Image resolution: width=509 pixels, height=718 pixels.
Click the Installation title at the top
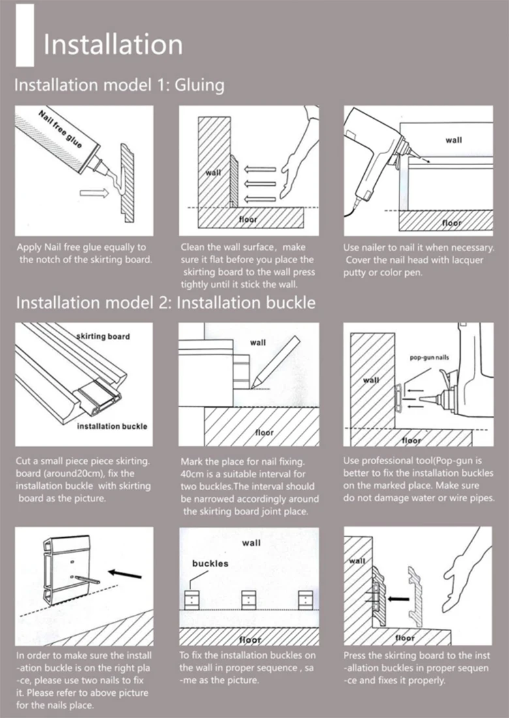point(113,44)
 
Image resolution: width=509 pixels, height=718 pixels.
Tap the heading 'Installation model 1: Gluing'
point(119,85)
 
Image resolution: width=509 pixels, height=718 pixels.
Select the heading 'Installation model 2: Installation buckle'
point(165,303)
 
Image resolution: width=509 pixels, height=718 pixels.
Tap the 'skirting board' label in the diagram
point(103,336)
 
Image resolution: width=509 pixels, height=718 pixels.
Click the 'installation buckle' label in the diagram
point(112,426)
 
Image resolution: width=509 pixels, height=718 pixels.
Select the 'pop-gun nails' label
point(429,357)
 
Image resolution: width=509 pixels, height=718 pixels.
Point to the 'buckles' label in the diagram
point(210,563)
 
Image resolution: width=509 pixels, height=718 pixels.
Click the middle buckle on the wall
point(249,600)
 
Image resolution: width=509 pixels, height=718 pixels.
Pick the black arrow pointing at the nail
point(125,572)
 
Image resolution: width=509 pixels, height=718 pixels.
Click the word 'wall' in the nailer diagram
point(454,140)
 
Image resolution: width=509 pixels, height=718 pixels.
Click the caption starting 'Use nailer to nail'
point(418,260)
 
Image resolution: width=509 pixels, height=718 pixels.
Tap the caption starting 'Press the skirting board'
point(418,667)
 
